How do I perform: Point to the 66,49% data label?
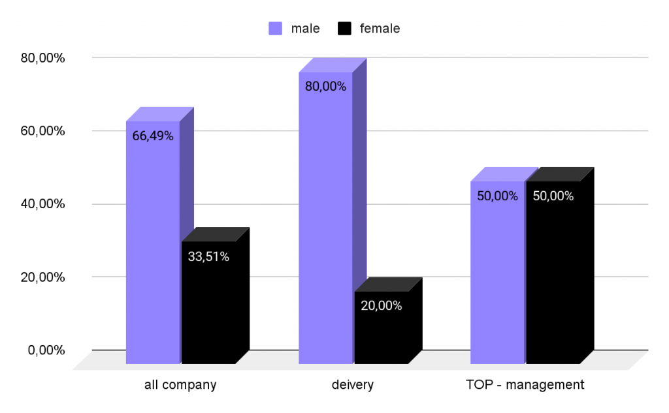point(152,136)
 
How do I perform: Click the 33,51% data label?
point(208,257)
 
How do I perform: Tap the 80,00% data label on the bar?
point(325,87)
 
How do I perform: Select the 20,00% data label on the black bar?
point(381,305)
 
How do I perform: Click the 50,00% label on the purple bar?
point(497,196)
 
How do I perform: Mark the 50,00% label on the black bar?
point(553,196)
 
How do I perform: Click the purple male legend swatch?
point(276,29)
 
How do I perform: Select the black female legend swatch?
point(344,29)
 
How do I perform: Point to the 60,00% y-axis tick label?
point(42,131)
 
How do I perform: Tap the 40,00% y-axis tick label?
point(42,204)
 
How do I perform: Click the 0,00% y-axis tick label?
point(46,350)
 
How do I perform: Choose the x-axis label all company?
point(180,385)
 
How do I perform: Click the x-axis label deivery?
point(352,385)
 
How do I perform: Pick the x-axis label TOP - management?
point(525,385)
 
